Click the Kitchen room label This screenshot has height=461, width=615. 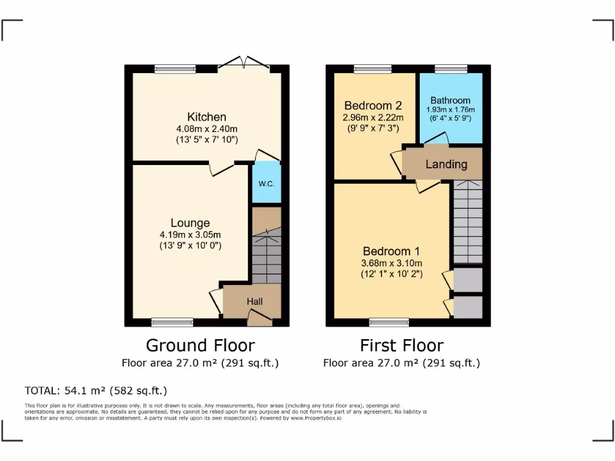point(207,117)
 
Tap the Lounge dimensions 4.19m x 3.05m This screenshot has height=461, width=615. point(190,235)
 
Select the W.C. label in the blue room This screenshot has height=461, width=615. point(266,183)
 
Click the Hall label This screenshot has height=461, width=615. point(255,301)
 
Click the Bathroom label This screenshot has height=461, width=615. point(450,100)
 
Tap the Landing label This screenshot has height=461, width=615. point(446,164)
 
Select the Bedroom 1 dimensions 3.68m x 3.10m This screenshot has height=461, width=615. point(392,263)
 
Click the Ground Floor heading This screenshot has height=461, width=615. point(200,346)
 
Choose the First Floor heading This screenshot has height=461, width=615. point(401,346)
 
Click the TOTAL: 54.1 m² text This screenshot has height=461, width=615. point(95,391)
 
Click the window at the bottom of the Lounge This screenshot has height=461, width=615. point(172,322)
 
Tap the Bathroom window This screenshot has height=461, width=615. point(447,69)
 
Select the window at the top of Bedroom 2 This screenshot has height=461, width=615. point(372,69)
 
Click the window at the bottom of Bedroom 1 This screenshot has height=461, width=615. point(389,322)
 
